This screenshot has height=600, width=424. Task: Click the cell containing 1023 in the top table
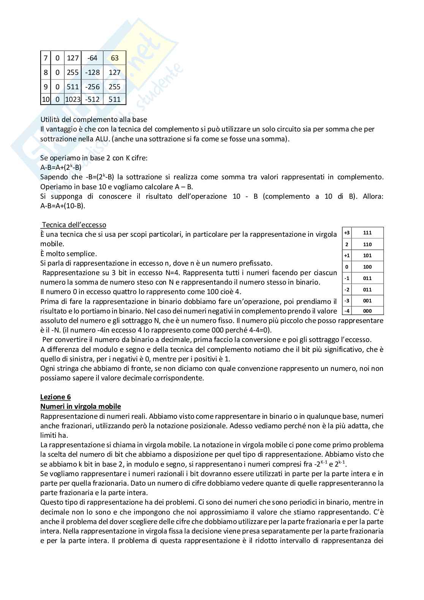click(73, 100)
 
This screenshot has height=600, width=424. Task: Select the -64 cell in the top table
click(92, 58)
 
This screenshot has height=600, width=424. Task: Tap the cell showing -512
click(92, 100)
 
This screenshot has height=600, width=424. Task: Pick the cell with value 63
click(115, 58)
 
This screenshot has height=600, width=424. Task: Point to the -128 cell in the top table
click(92, 72)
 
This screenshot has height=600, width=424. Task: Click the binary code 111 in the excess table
click(367, 233)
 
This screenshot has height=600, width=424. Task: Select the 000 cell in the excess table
click(367, 311)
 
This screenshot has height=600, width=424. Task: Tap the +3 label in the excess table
click(346, 233)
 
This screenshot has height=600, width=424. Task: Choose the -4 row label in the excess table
click(346, 311)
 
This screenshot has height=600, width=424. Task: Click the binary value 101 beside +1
click(367, 255)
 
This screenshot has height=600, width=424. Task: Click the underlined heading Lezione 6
click(55, 397)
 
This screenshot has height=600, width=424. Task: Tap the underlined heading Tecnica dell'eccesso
click(74, 225)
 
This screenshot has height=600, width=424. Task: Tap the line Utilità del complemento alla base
click(93, 119)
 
